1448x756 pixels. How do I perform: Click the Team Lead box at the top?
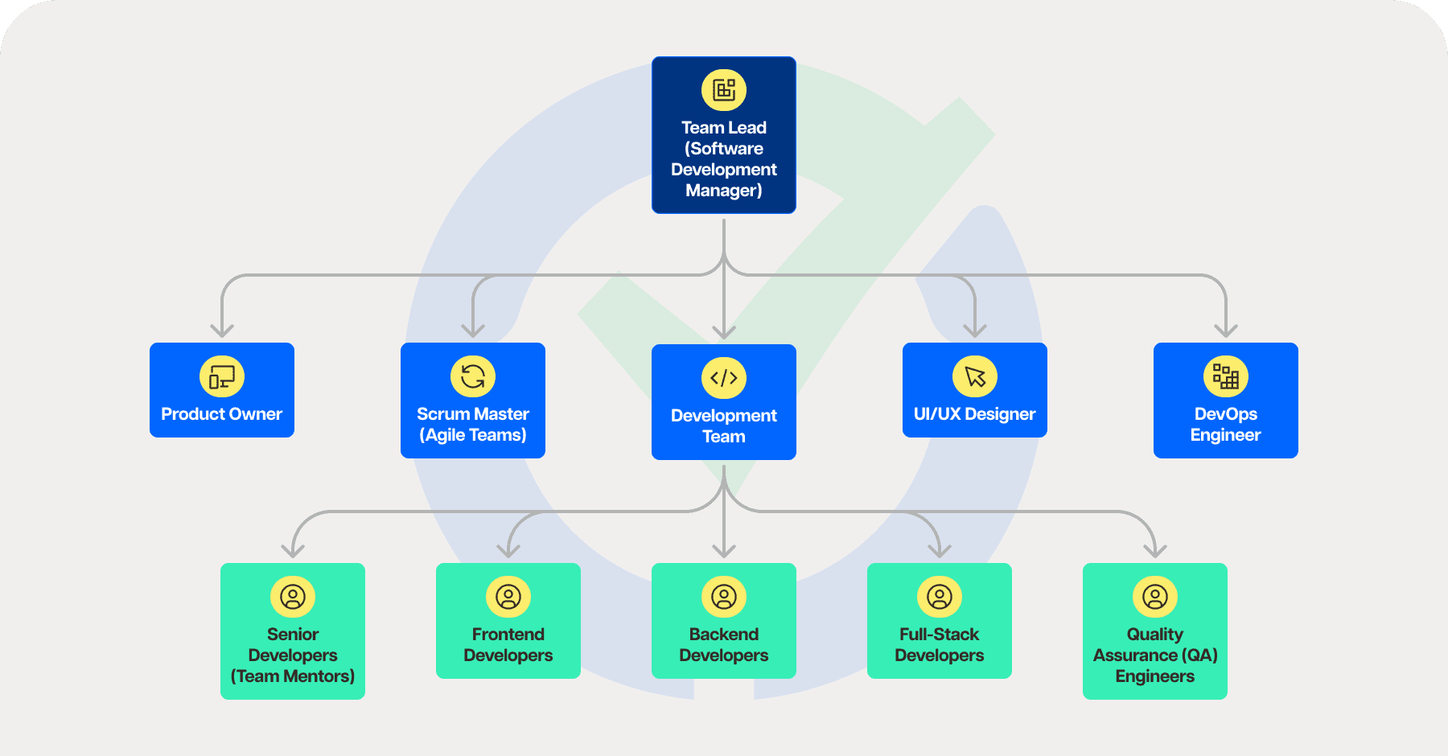point(723,135)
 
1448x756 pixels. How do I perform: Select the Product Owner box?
point(222,390)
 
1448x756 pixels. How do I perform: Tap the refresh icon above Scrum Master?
point(473,376)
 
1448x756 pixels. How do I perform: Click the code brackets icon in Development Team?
point(724,378)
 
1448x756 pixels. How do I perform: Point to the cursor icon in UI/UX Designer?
point(975,376)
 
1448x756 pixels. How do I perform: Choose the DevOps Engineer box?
point(1225,401)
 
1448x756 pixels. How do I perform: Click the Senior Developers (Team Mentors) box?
point(293,631)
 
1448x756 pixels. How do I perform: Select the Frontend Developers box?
point(508,621)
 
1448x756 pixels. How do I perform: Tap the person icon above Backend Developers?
point(724,597)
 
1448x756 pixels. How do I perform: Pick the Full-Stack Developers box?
point(940,621)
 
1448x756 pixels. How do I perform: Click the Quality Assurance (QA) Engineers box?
point(1155,631)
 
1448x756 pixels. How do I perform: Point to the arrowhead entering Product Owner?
point(222,331)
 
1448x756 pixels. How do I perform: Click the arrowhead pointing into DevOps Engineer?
point(1226,331)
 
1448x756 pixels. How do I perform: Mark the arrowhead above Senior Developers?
point(293,551)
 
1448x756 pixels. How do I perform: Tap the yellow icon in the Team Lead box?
point(724,90)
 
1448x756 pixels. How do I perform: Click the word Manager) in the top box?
point(724,191)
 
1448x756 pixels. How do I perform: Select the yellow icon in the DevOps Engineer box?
point(1226,376)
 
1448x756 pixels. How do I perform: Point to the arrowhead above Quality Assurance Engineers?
point(1155,551)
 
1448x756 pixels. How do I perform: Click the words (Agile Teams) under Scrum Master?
point(473,435)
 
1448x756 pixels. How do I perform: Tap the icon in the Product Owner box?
point(222,376)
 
